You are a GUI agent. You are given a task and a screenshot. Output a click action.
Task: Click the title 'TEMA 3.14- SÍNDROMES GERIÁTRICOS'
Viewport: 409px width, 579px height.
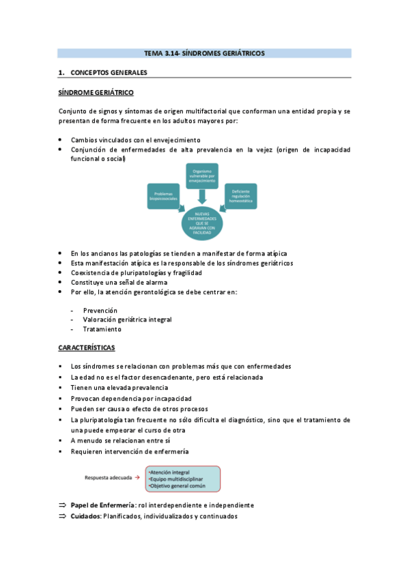tap(204, 53)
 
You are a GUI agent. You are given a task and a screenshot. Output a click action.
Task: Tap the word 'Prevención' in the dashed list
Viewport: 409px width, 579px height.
tap(100, 310)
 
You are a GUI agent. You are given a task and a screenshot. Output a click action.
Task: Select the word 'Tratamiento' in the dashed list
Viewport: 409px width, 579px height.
tap(102, 328)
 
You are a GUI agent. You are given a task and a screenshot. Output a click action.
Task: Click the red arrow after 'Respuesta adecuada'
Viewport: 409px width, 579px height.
tap(137, 478)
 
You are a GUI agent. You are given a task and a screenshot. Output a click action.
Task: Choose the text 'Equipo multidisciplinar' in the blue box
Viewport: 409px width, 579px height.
tap(177, 478)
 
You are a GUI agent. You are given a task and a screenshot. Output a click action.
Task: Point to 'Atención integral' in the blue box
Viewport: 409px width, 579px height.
tap(171, 471)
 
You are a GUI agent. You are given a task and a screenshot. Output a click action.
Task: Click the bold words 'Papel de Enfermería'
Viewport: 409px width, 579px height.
tap(102, 505)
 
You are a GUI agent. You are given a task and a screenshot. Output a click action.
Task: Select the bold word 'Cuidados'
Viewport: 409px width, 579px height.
tap(85, 516)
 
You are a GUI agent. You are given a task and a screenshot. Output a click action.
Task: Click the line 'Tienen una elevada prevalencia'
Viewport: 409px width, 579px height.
tap(119, 388)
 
